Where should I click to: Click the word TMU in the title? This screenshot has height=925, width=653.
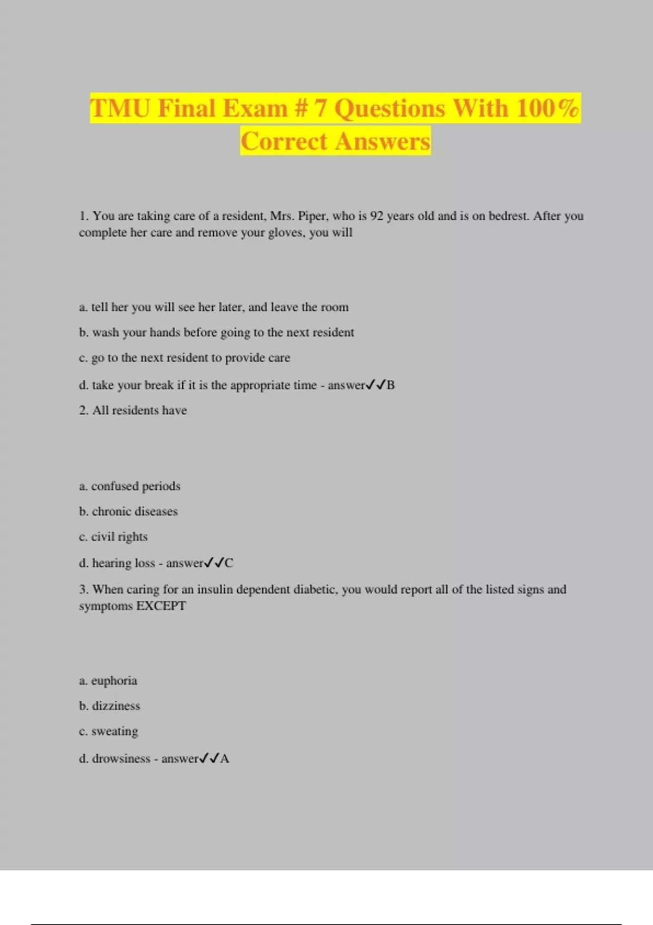(120, 108)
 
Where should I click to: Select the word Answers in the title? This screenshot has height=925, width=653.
(383, 141)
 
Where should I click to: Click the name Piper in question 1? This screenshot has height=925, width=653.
(312, 216)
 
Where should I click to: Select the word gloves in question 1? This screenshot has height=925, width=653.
(286, 233)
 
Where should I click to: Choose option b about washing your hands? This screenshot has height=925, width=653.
(217, 332)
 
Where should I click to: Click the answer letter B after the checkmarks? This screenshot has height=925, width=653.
(391, 385)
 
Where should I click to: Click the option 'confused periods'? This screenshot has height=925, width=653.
(130, 486)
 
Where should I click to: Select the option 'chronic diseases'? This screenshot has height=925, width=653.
(128, 511)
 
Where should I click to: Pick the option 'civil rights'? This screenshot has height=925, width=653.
(113, 537)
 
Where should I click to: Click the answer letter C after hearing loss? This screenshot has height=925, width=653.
(229, 563)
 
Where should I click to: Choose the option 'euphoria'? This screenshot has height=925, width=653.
(108, 681)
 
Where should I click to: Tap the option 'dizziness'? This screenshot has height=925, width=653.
(110, 706)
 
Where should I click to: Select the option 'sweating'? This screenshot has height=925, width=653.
(109, 732)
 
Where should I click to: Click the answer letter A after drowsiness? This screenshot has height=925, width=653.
(225, 758)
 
